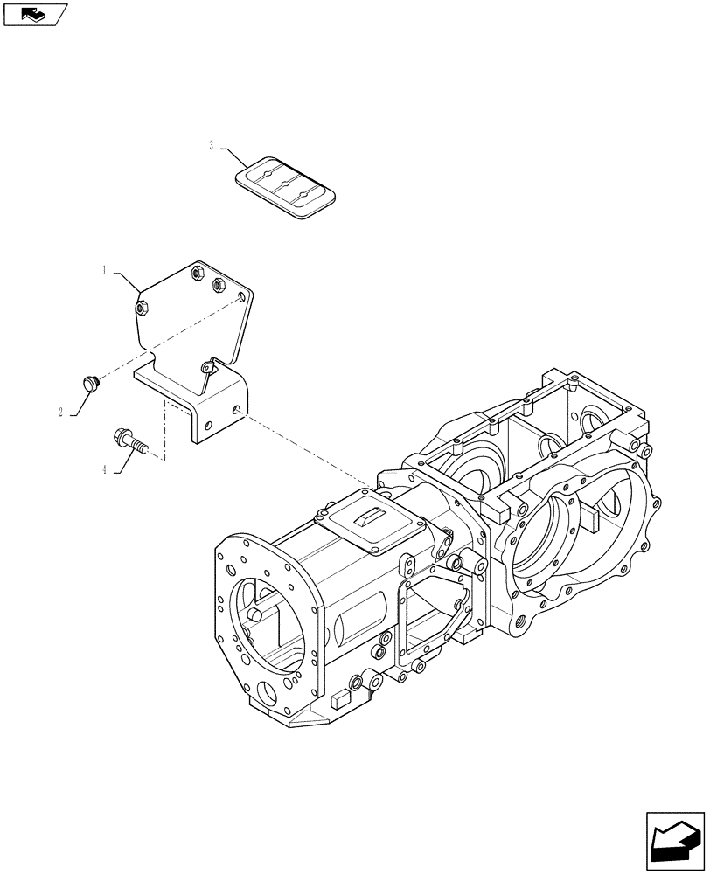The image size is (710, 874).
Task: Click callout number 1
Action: click(x=104, y=271)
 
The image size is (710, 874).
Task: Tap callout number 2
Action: click(x=61, y=412)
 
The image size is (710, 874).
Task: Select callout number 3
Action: click(x=211, y=146)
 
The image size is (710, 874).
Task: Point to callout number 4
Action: click(x=104, y=469)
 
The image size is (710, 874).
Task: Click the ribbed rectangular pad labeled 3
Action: click(x=286, y=186)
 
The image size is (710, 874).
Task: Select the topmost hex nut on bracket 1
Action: click(x=198, y=274)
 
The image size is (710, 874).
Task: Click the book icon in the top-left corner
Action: click(x=33, y=13)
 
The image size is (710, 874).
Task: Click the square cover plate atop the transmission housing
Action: click(x=369, y=523)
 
